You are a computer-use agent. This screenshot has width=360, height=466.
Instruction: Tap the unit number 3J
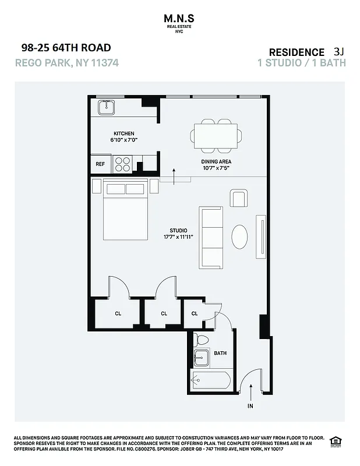339,51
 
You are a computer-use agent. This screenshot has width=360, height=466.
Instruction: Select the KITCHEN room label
123,133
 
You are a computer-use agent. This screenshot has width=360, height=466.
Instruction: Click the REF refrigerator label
100,164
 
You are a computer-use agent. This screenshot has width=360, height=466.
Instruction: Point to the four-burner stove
122,164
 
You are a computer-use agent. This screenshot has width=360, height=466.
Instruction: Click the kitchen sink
106,108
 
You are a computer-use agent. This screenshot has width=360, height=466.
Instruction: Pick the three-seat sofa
210,237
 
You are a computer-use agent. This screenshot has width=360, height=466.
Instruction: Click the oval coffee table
239,237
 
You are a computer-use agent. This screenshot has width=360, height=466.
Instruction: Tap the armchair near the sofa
238,199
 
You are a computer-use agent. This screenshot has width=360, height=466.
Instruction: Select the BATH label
220,353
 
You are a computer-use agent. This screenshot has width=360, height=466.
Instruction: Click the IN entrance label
250,405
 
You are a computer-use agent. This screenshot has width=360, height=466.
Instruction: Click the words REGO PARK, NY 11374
67,62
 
